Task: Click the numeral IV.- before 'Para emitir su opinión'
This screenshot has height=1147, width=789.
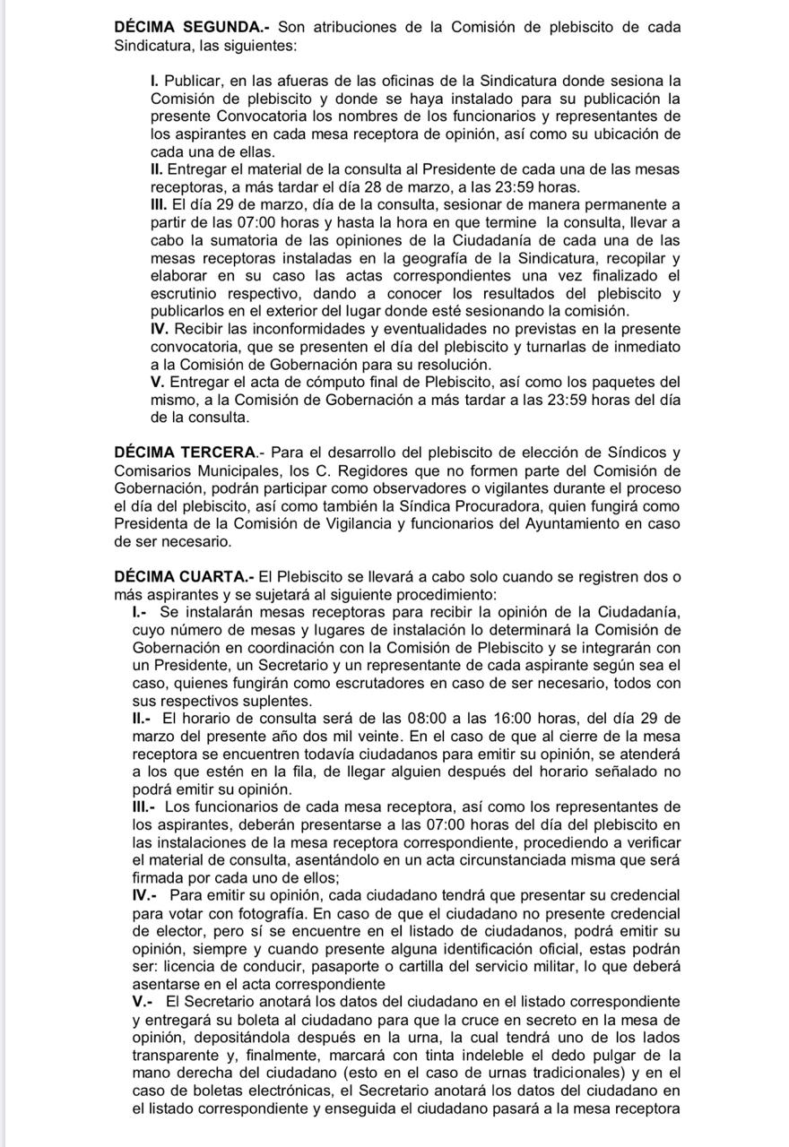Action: click(146, 894)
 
